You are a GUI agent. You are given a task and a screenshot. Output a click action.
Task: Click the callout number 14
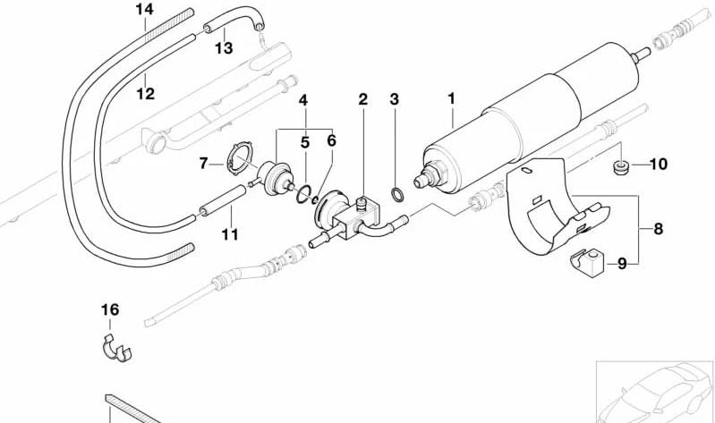[145, 9]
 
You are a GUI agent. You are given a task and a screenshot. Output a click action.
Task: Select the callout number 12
[146, 94]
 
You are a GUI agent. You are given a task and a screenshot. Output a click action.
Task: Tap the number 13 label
[224, 48]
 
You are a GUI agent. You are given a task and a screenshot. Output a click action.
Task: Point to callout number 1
[451, 98]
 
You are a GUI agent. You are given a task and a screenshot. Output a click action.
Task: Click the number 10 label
[658, 164]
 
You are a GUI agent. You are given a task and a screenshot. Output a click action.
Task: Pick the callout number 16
[110, 310]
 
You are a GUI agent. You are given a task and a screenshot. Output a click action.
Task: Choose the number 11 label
[230, 234]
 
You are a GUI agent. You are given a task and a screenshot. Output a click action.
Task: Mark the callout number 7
[204, 163]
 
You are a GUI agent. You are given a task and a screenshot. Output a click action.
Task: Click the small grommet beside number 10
[620, 166]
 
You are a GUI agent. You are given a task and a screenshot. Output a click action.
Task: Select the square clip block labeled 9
[586, 263]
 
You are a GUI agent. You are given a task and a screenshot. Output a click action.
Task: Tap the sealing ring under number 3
[397, 194]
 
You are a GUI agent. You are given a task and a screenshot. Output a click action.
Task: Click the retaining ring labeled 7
[240, 157]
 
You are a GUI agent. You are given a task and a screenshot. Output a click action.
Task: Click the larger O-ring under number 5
[304, 194]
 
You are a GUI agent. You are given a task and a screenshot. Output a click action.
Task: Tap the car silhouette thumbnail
[655, 392]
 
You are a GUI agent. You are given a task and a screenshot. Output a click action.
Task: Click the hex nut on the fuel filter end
[437, 172]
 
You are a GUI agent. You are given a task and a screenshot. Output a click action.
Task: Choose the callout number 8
[658, 229]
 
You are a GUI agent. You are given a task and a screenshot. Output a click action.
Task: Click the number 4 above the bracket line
[303, 100]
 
